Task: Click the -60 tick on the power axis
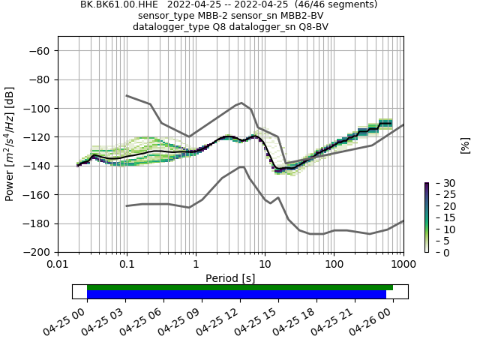point(41,50)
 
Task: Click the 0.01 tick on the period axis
point(58,265)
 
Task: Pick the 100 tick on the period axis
point(334,265)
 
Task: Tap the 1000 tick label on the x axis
point(403,265)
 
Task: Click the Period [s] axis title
point(230,277)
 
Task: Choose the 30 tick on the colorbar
point(439,183)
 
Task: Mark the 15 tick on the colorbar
point(439,217)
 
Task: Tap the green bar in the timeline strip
point(240,287)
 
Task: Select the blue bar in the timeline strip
point(236,295)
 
